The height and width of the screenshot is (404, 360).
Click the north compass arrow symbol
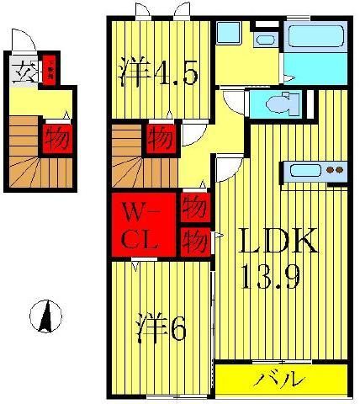click(47, 317)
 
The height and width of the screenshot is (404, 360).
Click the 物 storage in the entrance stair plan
click(56, 136)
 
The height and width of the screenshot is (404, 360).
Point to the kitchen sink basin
click(303, 171)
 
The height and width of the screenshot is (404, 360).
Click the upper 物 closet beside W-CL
click(193, 206)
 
